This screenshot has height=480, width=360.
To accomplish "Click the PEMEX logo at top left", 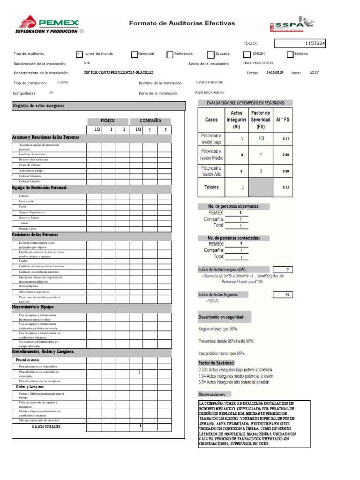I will (x=49, y=24).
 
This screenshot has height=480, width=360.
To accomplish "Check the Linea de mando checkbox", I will (x=79, y=54).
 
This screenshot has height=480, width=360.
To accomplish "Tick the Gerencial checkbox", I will (x=135, y=54).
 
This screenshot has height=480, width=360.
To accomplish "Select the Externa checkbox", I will (x=290, y=54).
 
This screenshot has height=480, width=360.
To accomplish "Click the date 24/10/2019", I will (x=275, y=73).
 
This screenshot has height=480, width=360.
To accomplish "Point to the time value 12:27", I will (x=314, y=73).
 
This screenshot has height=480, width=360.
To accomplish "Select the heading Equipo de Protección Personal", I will (x=39, y=187).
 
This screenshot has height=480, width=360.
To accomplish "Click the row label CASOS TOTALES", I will (x=46, y=427).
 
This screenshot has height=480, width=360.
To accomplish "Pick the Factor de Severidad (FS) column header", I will (x=261, y=120).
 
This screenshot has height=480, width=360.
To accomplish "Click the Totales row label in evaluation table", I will (x=211, y=187).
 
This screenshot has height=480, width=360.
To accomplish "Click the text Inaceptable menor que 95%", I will (x=221, y=353).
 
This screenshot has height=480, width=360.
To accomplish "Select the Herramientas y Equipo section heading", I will (x=33, y=307).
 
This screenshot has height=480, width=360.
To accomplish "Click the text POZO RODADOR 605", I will (x=213, y=93).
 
